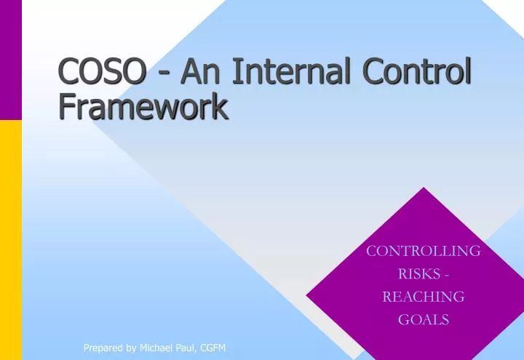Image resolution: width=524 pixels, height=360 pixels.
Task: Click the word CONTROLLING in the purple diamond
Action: click(423, 251)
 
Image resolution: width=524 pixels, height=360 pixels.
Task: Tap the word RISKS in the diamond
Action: click(418, 274)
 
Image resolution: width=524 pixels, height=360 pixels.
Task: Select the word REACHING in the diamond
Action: click(423, 297)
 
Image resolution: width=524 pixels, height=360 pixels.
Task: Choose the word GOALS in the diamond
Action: click(423, 319)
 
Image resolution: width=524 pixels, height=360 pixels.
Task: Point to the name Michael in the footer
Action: click(159, 348)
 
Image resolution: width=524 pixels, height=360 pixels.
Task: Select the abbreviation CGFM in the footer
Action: click(215, 348)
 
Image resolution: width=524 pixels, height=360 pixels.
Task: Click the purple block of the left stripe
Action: click(10, 58)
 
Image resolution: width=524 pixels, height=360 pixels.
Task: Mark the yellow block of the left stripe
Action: click(10, 240)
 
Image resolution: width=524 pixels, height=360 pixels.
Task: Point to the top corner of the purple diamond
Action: click(424, 188)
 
